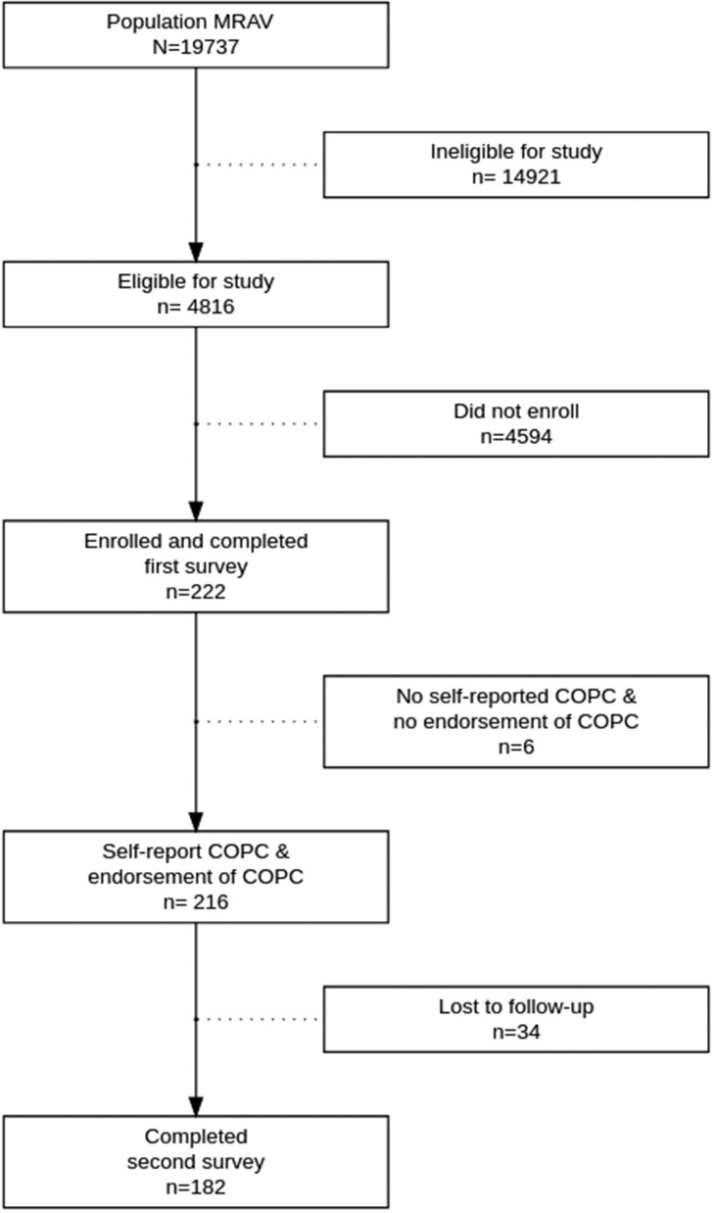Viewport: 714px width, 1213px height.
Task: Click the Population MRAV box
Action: [196, 34]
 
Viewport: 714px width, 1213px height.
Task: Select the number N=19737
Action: [196, 45]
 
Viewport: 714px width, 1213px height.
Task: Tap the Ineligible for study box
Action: [516, 165]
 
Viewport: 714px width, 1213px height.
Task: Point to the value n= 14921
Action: [516, 176]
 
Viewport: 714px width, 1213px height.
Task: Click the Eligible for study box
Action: [196, 294]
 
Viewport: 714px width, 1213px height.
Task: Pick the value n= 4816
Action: [196, 306]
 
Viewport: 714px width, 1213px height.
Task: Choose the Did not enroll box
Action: [516, 423]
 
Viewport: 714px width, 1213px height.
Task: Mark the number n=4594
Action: [516, 436]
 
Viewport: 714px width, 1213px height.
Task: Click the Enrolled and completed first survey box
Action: [196, 565]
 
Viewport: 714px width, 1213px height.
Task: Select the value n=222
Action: [196, 591]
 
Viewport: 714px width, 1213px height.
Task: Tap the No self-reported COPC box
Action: [516, 721]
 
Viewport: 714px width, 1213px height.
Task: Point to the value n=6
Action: [516, 747]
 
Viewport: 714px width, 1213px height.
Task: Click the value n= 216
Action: [196, 901]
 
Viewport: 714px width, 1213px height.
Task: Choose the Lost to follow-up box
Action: [516, 1019]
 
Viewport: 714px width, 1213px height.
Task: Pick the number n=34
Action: [516, 1031]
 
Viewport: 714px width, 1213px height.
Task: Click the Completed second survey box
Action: [196, 1161]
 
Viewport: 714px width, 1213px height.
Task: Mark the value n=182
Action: [196, 1187]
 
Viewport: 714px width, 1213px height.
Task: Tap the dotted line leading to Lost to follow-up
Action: [259, 1019]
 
